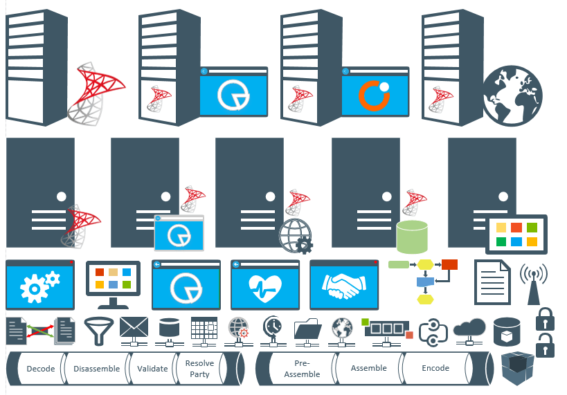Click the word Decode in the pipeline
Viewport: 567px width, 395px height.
40,369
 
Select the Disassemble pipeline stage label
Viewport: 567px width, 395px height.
96,369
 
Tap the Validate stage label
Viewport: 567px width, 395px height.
152,369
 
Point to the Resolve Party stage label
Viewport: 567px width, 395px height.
200,369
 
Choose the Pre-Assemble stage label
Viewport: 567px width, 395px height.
303,369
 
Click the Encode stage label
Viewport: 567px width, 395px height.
435,368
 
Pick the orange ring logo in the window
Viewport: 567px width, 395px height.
375,95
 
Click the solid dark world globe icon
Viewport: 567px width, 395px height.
511,98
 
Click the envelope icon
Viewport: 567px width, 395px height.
134,327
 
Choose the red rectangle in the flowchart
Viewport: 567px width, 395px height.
450,264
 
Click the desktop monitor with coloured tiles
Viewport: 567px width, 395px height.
113,282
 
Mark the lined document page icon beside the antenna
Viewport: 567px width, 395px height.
492,282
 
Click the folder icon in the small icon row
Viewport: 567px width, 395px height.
307,328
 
